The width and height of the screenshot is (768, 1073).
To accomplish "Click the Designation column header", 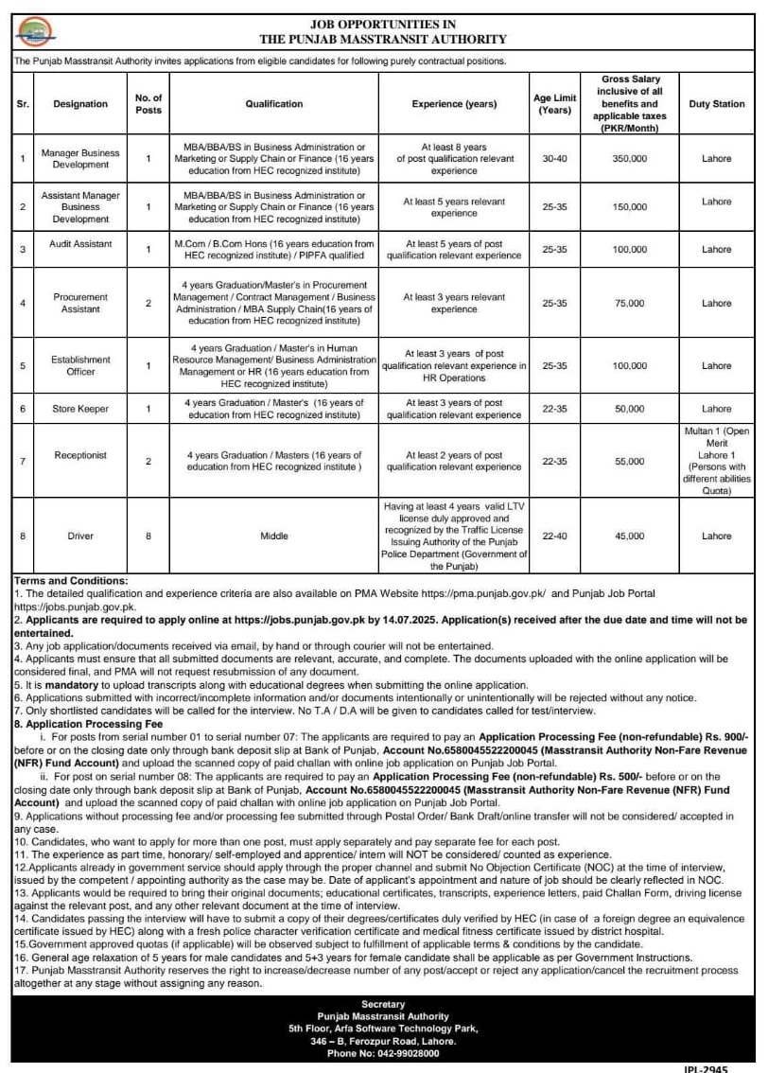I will (80, 104).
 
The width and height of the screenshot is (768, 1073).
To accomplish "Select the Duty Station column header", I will (716, 104).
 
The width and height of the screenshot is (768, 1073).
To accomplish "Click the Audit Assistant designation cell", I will (80, 243).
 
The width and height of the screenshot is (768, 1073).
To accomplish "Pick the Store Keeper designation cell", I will (80, 409).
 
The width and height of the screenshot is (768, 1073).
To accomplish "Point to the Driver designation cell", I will (80, 536).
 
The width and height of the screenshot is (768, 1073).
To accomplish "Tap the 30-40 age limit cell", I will (553, 158).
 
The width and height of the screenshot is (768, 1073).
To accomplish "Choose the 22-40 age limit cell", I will (553, 536).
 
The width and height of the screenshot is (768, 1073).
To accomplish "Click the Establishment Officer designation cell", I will (80, 365).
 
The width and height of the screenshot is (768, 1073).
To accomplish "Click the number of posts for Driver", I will (148, 536).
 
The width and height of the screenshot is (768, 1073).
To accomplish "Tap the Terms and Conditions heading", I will (71, 580).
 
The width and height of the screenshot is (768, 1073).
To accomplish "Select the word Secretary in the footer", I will (383, 1003).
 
